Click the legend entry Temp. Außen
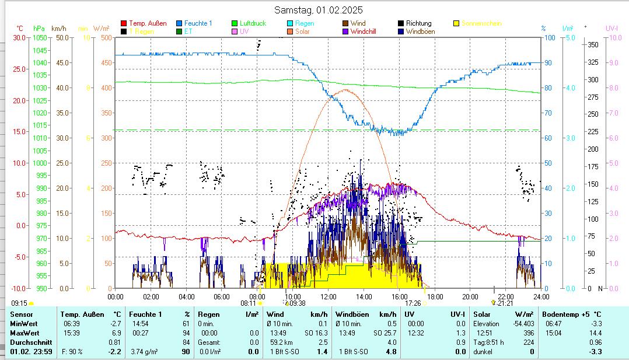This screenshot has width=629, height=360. [x=148, y=23]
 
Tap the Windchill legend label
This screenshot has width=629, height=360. [x=367, y=32]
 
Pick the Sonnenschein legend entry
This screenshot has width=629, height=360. [x=481, y=23]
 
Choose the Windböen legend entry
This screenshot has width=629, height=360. [x=420, y=32]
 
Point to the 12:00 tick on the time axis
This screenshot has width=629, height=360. [x=329, y=296]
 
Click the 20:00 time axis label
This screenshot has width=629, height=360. [x=470, y=296]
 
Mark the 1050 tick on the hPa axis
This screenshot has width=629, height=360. [x=40, y=37]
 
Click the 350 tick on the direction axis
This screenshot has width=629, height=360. [x=593, y=44]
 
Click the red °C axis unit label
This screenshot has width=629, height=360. [x=20, y=28]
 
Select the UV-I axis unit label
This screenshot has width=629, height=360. [x=611, y=28]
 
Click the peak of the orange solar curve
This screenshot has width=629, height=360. [x=345, y=89]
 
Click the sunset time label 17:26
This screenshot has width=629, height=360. [x=413, y=303]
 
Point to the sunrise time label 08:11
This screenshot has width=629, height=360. [x=248, y=303]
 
